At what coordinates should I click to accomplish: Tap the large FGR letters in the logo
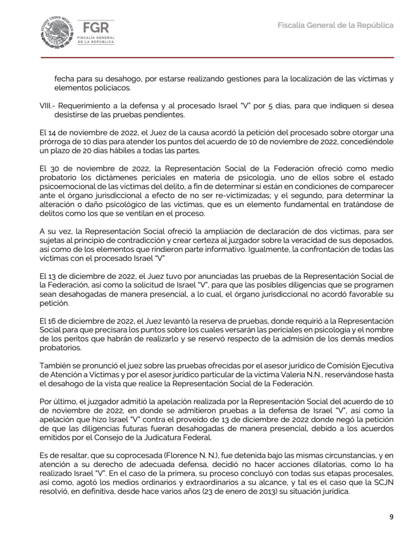[x=95, y=28]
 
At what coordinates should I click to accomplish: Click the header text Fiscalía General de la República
[x=335, y=25]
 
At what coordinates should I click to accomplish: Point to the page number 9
[x=391, y=517]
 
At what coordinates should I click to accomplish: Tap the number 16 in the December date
[x=55, y=320]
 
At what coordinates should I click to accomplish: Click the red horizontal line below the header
[x=207, y=58]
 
